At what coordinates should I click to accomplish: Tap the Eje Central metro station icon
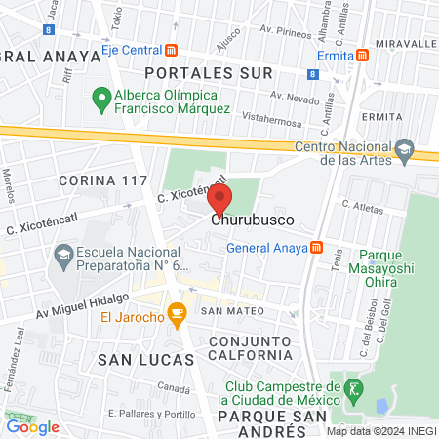coord(172,50)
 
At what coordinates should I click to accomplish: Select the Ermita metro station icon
coord(362,56)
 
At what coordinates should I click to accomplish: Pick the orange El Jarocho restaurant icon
coord(177,314)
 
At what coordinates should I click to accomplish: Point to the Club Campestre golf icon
coord(356,391)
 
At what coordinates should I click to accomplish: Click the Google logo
coord(32,425)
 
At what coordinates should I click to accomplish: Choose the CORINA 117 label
coord(102,180)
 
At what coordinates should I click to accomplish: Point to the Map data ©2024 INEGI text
coord(381,430)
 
